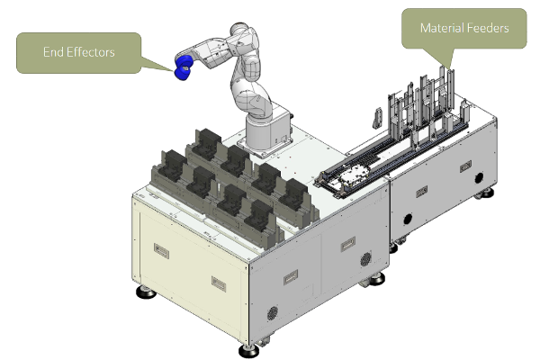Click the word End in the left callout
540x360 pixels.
(x=53, y=52)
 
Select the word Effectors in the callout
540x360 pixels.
(x=91, y=52)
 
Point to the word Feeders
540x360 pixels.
(x=488, y=28)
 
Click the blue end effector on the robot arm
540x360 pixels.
(x=183, y=67)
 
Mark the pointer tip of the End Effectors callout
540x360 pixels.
(x=173, y=70)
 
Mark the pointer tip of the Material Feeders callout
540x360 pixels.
(x=449, y=68)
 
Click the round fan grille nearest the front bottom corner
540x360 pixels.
(x=273, y=313)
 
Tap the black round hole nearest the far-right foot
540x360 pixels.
(x=479, y=178)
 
